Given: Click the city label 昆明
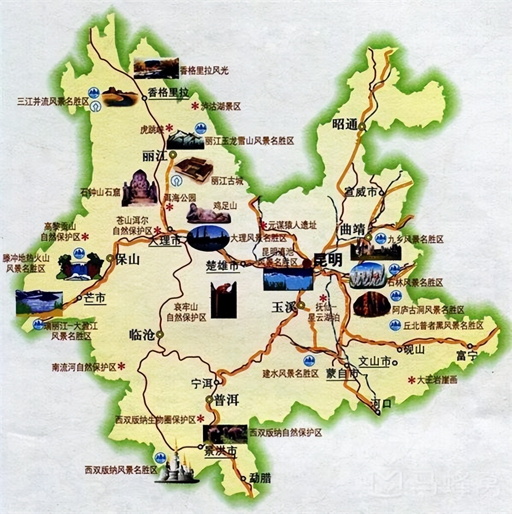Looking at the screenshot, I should [x=328, y=260].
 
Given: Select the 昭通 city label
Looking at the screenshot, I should [x=344, y=124].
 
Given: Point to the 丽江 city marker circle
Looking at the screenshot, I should [x=173, y=155].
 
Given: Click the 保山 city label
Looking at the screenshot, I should [x=128, y=259].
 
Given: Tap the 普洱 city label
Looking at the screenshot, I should [x=227, y=400].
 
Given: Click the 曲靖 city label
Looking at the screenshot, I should [x=351, y=229].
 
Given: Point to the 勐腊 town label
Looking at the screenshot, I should [x=260, y=478].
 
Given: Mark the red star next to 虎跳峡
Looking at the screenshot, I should [x=169, y=127].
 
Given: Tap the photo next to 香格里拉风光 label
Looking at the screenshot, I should [x=156, y=68].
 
